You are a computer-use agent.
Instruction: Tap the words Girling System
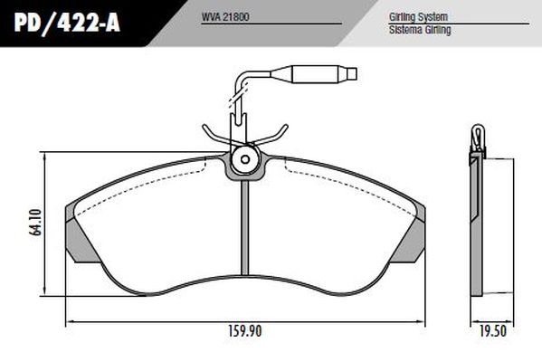pos(418,17)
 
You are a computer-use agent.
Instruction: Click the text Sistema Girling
pos(419,30)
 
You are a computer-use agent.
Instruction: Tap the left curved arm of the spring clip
pos(215,136)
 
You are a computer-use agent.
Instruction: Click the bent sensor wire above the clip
pos(238,90)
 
